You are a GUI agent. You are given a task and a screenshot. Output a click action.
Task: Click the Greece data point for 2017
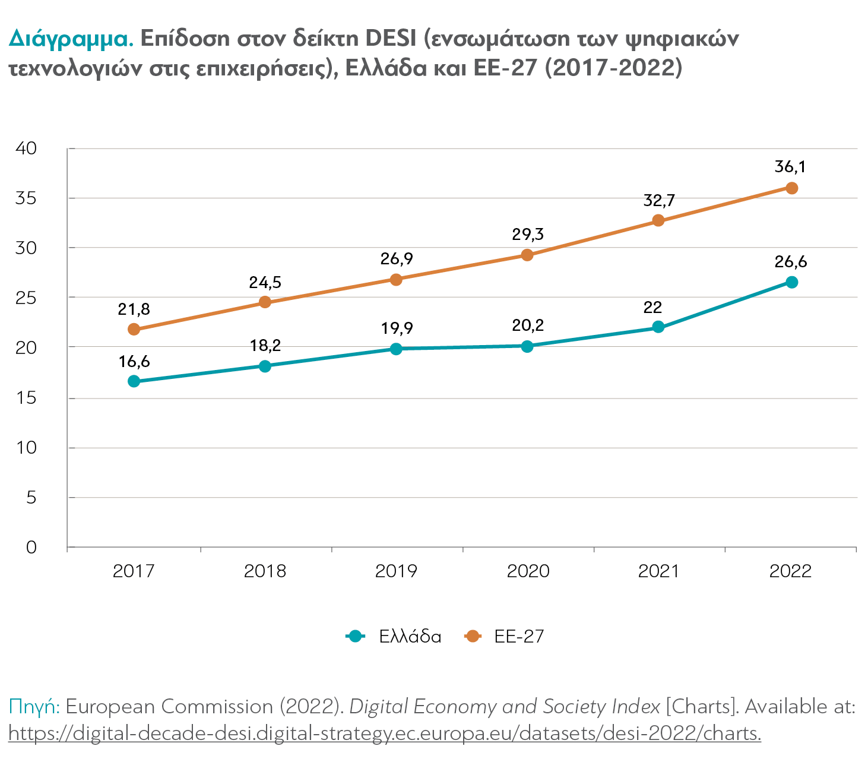[x=134, y=381]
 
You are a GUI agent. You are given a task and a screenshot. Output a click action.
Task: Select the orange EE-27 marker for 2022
[x=791, y=188]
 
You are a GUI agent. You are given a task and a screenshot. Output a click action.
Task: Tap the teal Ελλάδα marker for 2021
[x=658, y=327]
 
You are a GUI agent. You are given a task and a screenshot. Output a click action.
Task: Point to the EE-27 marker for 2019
[x=396, y=280]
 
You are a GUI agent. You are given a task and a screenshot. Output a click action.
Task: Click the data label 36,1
[x=790, y=167]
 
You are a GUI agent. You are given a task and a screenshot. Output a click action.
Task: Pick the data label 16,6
[x=134, y=362]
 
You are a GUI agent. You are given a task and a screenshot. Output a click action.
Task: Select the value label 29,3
[x=528, y=235]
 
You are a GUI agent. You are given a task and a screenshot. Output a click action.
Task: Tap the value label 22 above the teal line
[x=652, y=308]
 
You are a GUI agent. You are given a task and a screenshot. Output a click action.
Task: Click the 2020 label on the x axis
[x=528, y=571]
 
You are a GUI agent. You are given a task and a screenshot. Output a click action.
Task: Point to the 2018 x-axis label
[x=265, y=571]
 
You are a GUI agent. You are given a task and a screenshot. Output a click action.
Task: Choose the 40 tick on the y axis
[x=26, y=148]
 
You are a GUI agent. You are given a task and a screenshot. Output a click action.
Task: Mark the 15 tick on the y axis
[x=26, y=398]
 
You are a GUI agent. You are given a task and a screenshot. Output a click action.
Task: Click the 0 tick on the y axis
[x=31, y=547]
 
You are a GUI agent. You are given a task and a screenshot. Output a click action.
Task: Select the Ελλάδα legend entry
[x=394, y=637]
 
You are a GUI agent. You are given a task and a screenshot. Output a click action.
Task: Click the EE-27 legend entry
[x=504, y=637]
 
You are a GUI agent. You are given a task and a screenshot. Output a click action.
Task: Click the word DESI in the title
[x=391, y=38]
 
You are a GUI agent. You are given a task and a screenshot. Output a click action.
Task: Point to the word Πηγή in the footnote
[x=34, y=707]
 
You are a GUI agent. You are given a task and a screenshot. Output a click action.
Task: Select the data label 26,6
[x=791, y=262]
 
